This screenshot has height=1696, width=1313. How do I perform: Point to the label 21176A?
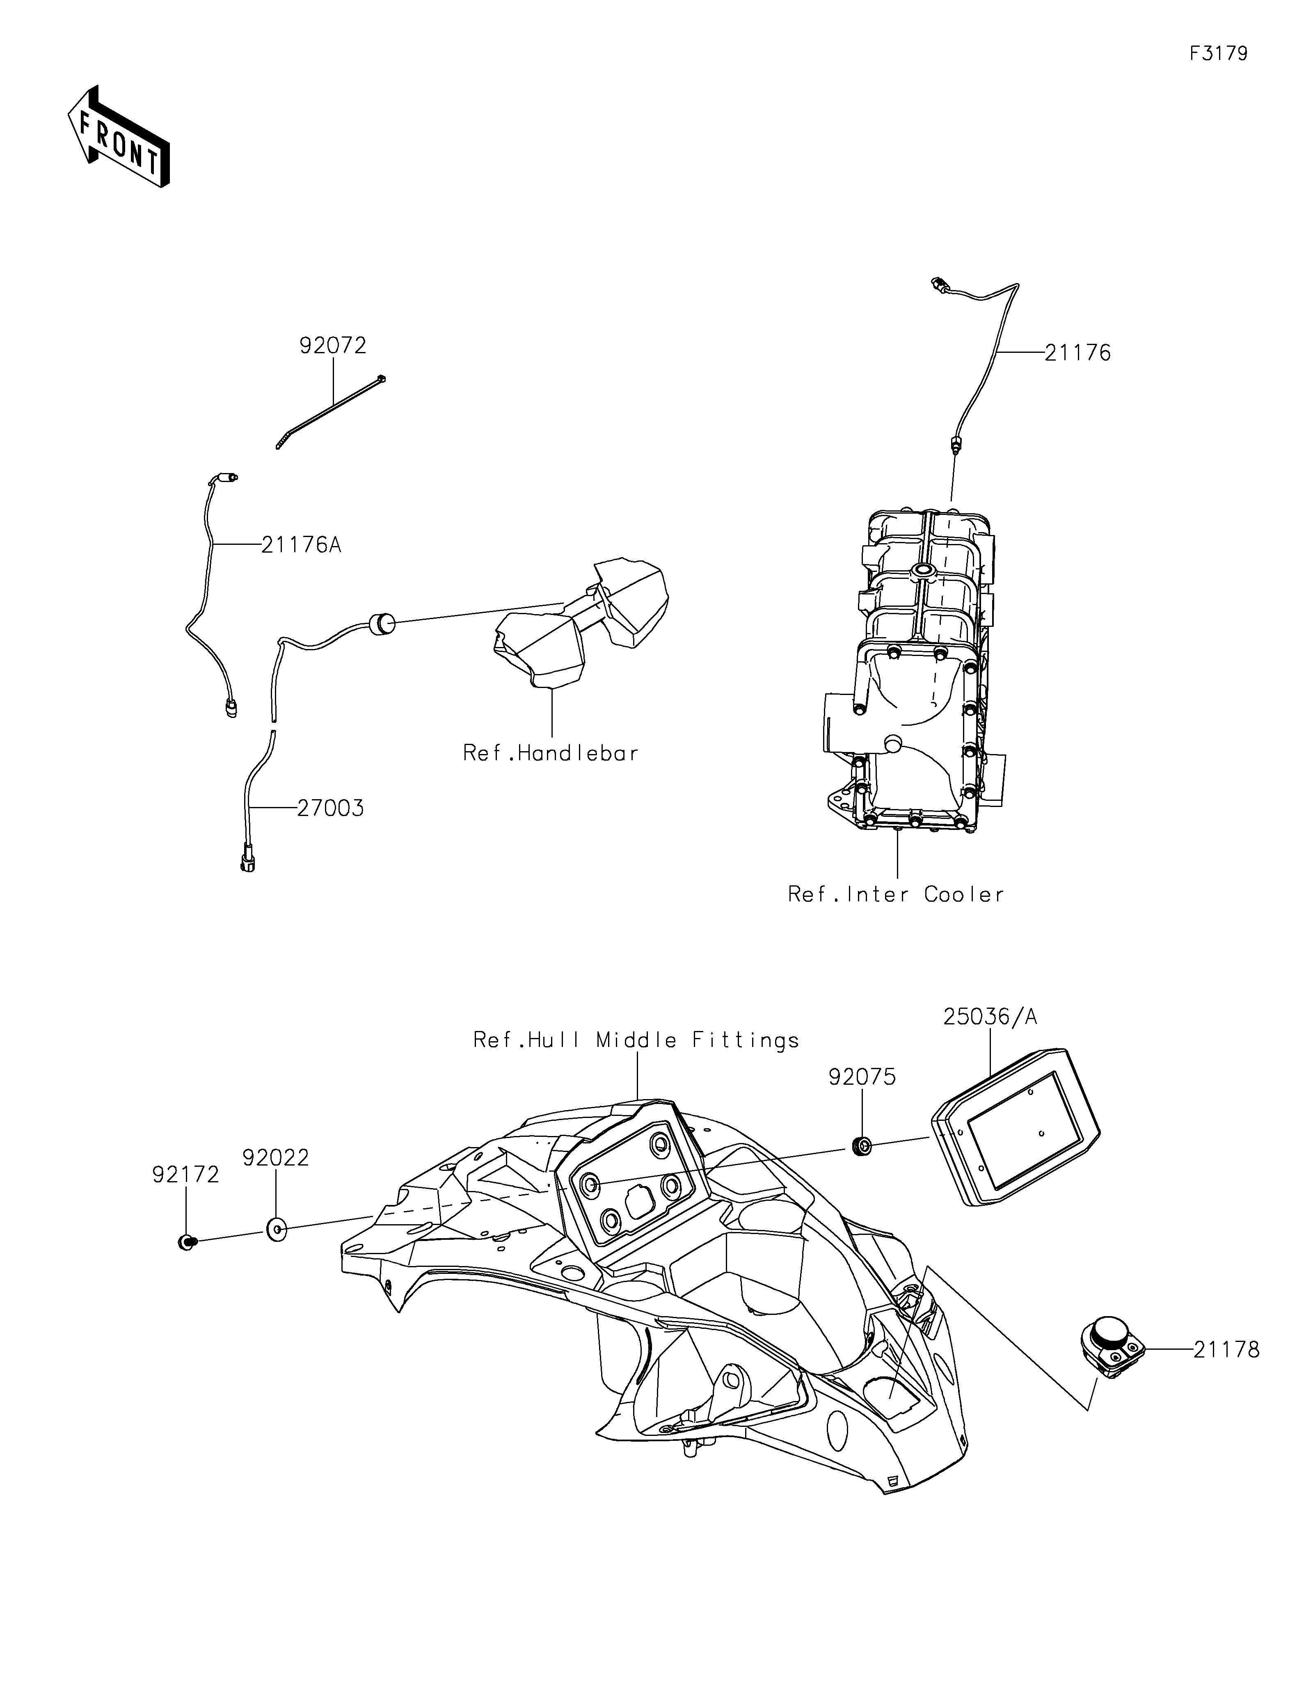[x=301, y=545]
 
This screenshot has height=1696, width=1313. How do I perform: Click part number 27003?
[x=330, y=808]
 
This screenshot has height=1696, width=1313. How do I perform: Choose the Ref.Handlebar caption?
[x=551, y=753]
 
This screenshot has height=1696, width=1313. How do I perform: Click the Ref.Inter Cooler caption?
[x=896, y=895]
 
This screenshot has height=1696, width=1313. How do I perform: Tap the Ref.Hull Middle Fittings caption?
[x=636, y=1040]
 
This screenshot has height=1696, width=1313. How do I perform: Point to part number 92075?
[x=862, y=1077]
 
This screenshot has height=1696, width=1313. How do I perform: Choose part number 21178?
[x=1226, y=1350]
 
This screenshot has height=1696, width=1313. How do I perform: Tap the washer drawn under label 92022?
[x=276, y=1229]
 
